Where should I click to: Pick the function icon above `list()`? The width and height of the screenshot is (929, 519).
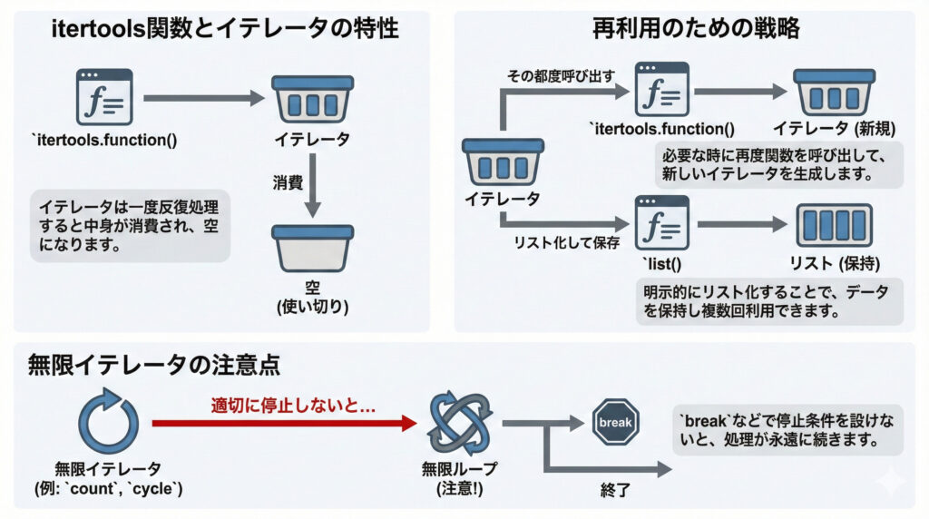click(x=661, y=224)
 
